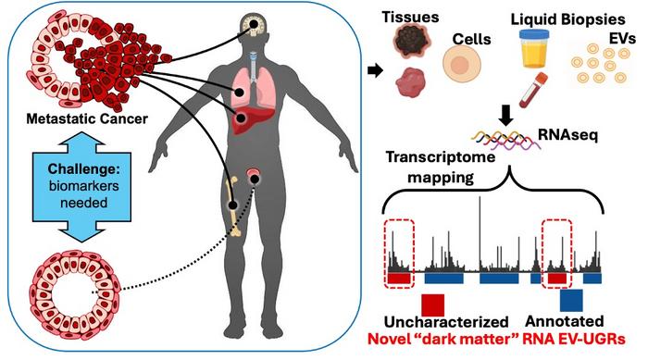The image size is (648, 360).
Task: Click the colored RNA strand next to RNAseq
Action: click(507, 139)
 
